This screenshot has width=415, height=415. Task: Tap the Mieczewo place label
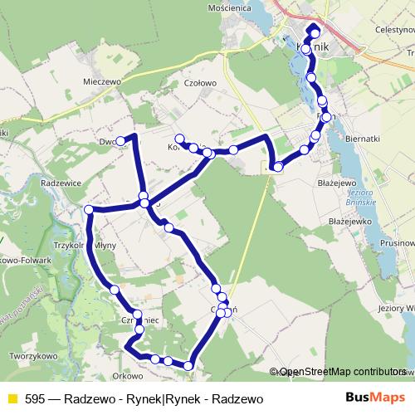pyautogui.click(x=102, y=82)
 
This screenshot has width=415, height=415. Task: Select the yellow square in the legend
pyautogui.click(x=12, y=399)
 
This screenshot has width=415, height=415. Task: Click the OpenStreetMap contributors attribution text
pyautogui.click(x=340, y=372)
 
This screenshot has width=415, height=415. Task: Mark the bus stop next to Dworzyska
pyautogui.click(x=120, y=140)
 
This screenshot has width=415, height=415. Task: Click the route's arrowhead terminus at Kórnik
pyautogui.click(x=313, y=32)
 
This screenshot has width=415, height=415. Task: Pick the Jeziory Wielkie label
pyautogui.click(x=394, y=308)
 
